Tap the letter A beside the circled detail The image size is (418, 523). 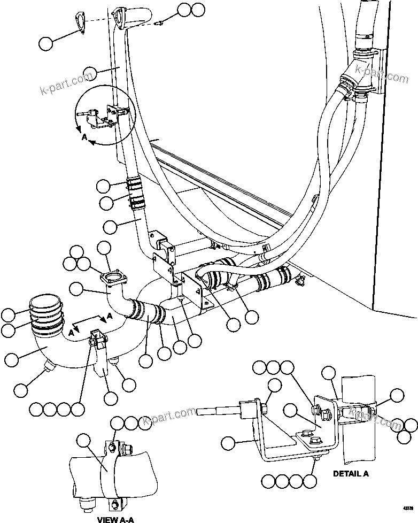(x=84, y=137)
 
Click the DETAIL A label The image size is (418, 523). (x=351, y=473)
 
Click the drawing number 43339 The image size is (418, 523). (x=409, y=507)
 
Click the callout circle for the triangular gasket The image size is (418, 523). (x=47, y=43)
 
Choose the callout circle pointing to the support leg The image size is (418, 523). (x=111, y=398)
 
